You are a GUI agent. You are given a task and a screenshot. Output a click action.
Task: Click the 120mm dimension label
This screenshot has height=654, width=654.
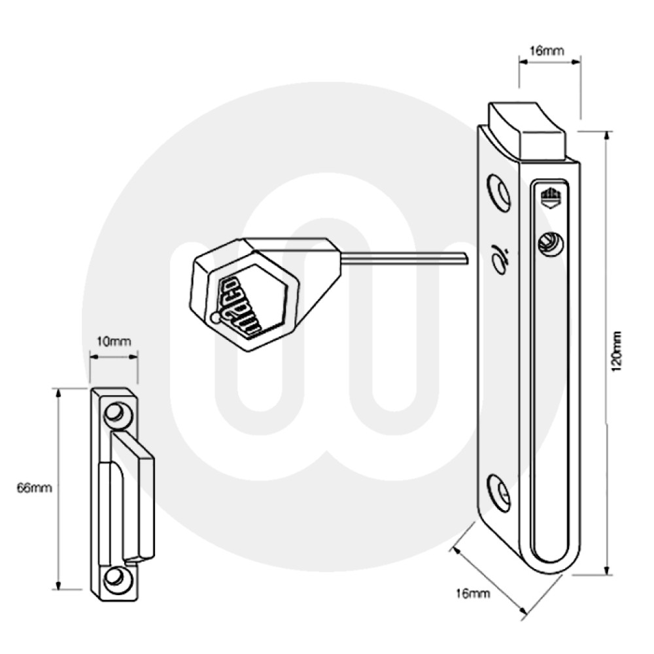tap(616, 353)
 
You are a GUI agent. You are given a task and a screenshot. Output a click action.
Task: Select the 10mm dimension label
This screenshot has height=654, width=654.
tap(114, 341)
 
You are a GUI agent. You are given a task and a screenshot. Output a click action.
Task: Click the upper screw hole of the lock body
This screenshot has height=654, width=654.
tap(501, 194)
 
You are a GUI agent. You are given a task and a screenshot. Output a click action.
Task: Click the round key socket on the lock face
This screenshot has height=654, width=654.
tap(549, 245)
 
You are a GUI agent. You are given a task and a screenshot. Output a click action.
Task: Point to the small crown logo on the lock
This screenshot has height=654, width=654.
tap(549, 196)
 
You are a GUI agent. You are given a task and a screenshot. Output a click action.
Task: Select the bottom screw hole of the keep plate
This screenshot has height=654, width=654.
tap(115, 577)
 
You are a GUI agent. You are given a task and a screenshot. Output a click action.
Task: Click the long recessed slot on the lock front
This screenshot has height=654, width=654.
tap(549, 405)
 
